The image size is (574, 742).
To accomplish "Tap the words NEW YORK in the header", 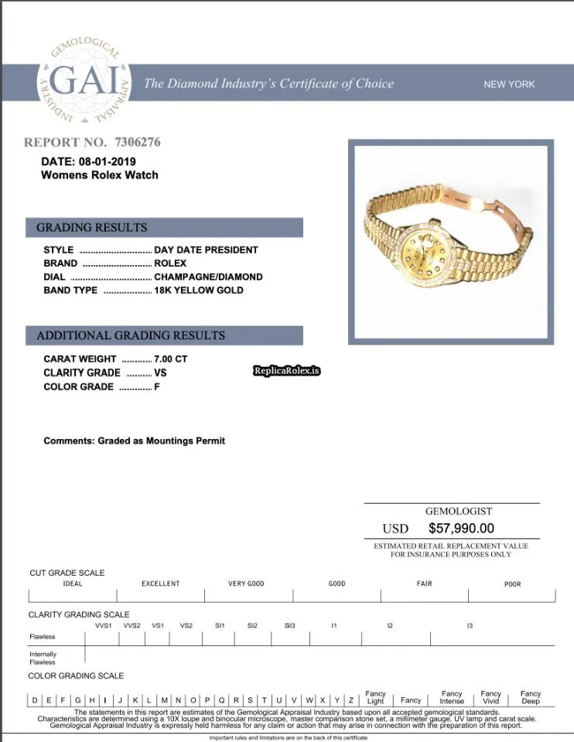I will click(509, 84).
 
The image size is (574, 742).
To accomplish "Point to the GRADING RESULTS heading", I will click(91, 227).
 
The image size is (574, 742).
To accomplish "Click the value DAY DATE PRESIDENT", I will click(206, 250).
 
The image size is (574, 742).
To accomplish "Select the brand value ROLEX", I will click(170, 263).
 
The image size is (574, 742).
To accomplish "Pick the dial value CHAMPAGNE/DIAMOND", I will click(208, 277).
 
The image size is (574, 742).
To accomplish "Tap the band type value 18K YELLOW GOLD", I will click(199, 290).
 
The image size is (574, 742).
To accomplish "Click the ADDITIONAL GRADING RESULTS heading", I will click(131, 335).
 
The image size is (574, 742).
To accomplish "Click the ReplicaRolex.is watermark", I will click(286, 371).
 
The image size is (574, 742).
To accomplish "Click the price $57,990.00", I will click(461, 529).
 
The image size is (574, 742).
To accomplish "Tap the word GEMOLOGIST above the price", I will click(458, 511).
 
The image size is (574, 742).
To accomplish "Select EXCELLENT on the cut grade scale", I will click(160, 584).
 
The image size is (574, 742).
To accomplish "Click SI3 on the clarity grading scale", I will click(289, 625).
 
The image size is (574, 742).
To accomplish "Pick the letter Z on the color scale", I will click(350, 700).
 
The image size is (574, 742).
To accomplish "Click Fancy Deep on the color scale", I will click(531, 697).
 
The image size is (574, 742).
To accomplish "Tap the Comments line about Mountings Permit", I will click(135, 441).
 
